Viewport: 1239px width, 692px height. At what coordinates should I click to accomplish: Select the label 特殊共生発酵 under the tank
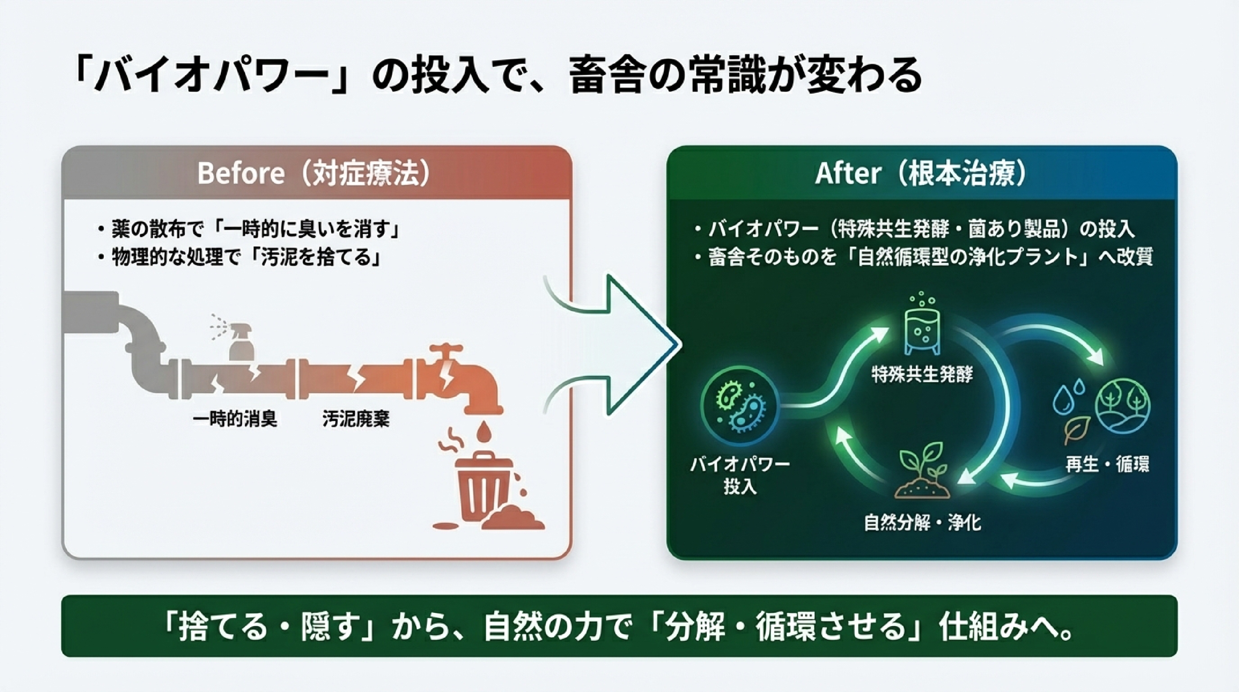click(922, 374)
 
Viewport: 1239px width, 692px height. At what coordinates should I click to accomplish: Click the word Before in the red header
click(240, 173)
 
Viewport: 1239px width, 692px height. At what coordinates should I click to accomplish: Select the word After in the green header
click(847, 173)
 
